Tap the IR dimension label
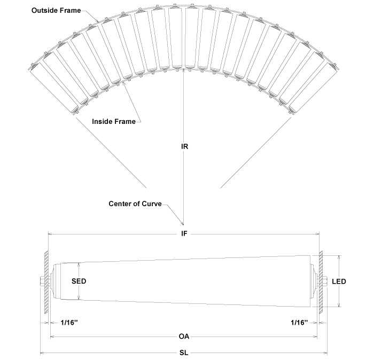[184, 145]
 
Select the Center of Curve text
[135, 204]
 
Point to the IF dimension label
[184, 233]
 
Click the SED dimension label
[79, 280]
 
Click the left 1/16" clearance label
[71, 323]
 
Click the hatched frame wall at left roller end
[47, 281]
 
